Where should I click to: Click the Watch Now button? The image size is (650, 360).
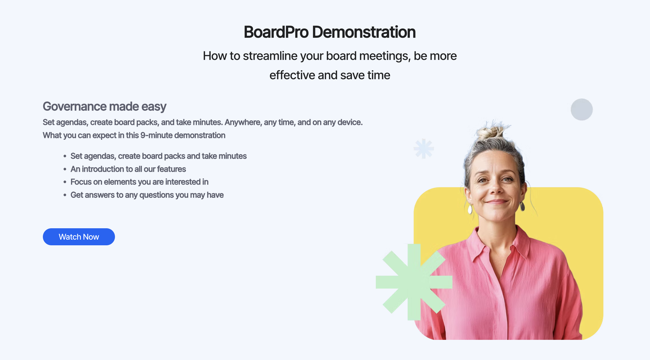click(x=79, y=237)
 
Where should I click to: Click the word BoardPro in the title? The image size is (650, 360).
click(x=276, y=32)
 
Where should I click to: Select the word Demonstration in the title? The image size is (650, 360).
click(x=364, y=32)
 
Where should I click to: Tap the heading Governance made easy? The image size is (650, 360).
click(x=104, y=106)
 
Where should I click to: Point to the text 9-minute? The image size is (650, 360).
click(x=156, y=135)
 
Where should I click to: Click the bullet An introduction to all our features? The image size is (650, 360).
click(x=128, y=169)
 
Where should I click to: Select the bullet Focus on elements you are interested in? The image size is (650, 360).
click(x=139, y=182)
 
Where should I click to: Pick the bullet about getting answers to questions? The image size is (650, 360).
click(x=147, y=195)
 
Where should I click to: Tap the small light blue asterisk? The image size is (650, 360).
click(x=424, y=148)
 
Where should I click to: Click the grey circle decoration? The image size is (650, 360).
click(x=582, y=110)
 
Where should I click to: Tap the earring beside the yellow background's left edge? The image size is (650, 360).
click(x=470, y=209)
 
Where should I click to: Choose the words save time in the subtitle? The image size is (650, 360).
click(x=365, y=75)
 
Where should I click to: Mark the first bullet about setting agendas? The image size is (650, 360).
click(x=158, y=156)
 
